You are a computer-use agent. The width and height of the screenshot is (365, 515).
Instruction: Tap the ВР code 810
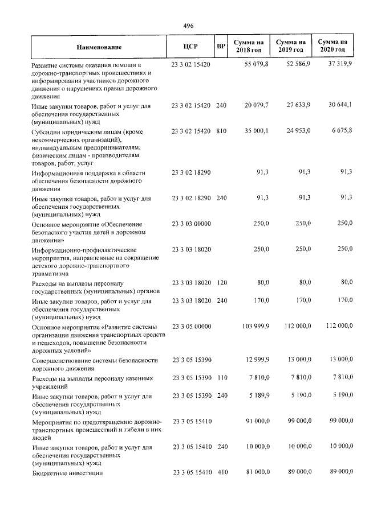(x=221, y=131)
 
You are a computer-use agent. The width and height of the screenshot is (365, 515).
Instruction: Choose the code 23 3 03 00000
(x=191, y=224)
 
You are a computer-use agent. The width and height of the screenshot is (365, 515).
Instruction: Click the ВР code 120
(x=221, y=283)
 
